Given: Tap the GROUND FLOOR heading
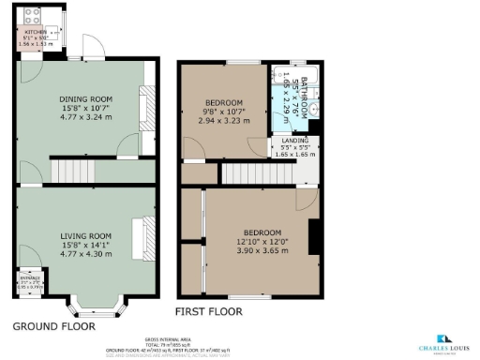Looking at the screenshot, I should point(53,327).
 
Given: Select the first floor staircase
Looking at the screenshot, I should point(252,173).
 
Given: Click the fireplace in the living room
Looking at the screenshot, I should point(138,232).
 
